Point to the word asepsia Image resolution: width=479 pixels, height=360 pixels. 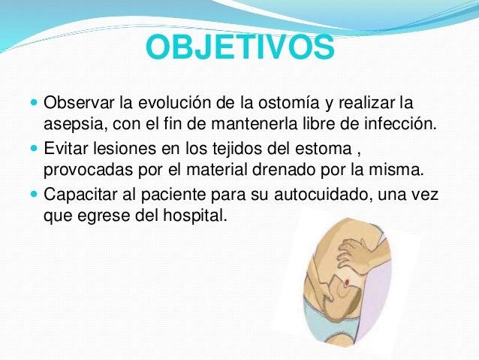tap(72, 123)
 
